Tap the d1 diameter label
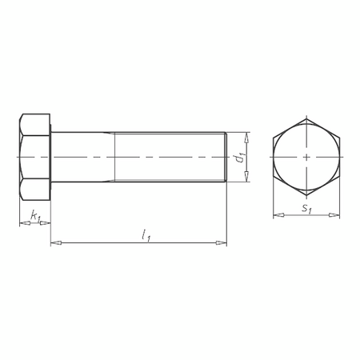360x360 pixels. pos(239,158)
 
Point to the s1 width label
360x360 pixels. pos(306,210)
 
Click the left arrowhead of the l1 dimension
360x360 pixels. pos(55,242)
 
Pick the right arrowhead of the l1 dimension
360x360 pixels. pos(222,242)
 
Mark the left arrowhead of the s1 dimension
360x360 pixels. pos(277,215)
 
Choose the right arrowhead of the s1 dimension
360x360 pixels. pos(338,215)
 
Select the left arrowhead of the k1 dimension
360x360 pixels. pos(22,224)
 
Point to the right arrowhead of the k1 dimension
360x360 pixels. pos(46,224)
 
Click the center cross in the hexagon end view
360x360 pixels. pos(307,158)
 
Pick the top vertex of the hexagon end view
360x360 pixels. pos(307,118)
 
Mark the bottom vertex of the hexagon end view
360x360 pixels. pos(307,198)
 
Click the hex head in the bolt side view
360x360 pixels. pos(34,158)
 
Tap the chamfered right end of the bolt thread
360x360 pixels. pos(225,158)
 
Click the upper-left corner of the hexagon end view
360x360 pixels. pos(274,138)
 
